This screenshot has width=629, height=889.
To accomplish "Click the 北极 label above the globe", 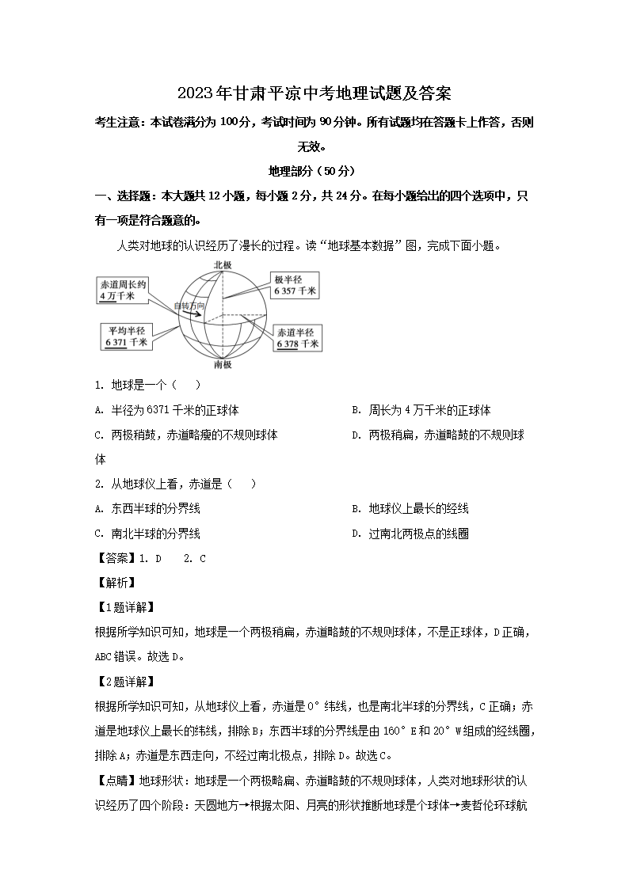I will (x=223, y=265).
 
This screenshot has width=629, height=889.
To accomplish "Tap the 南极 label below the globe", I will (x=223, y=365).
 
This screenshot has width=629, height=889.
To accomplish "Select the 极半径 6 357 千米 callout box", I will (x=295, y=285).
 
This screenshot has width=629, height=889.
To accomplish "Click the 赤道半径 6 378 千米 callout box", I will (x=298, y=338).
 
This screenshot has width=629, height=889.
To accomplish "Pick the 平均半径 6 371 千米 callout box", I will (x=125, y=336).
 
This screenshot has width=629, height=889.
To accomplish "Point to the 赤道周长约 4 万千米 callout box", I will (x=123, y=290).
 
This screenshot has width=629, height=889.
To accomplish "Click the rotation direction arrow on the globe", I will (x=195, y=314).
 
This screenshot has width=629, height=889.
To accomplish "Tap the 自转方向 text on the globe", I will (x=190, y=305).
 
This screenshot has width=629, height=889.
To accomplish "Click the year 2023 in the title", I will (x=195, y=93).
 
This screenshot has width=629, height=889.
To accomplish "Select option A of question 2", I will (x=147, y=508).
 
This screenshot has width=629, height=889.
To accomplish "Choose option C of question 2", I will (x=147, y=534).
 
